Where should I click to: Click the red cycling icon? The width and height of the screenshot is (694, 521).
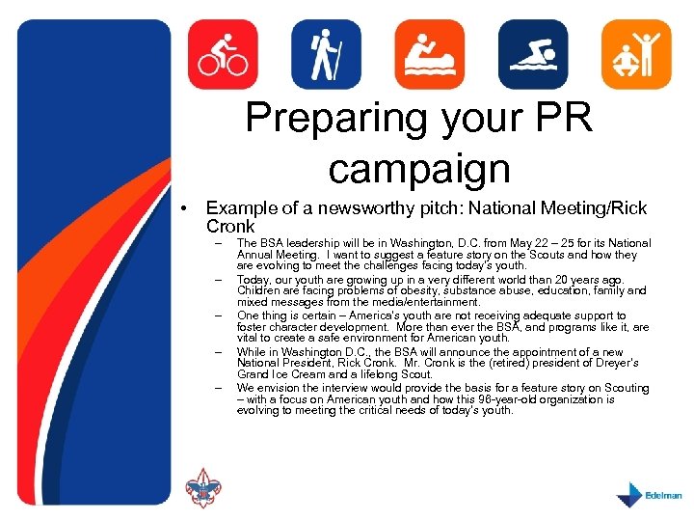click(x=223, y=55)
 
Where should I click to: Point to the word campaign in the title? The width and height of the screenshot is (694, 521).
click(x=417, y=168)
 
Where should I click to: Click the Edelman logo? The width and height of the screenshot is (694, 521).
click(x=648, y=493)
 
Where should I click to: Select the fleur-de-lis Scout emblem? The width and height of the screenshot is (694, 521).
click(x=202, y=490)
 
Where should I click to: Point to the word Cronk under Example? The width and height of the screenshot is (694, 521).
click(x=230, y=227)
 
